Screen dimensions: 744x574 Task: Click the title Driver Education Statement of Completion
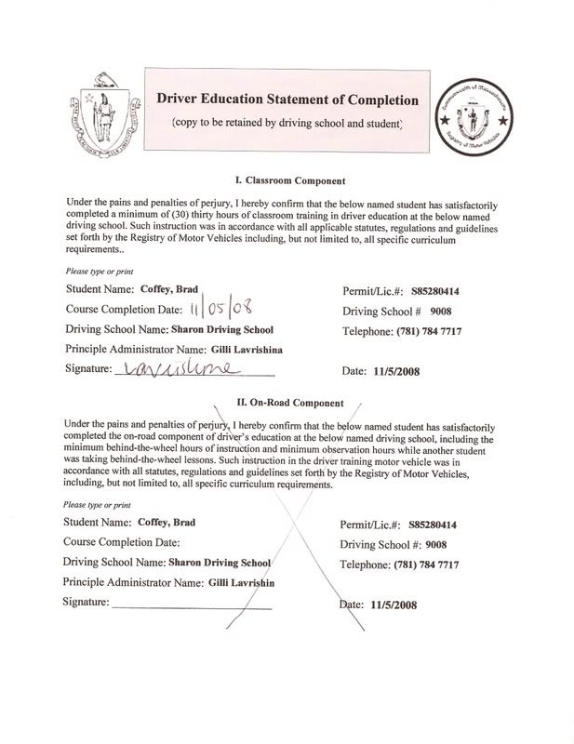(287, 99)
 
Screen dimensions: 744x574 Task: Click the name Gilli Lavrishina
(247, 350)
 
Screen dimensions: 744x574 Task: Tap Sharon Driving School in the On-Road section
(219, 563)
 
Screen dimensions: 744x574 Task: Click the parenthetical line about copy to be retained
(287, 124)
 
